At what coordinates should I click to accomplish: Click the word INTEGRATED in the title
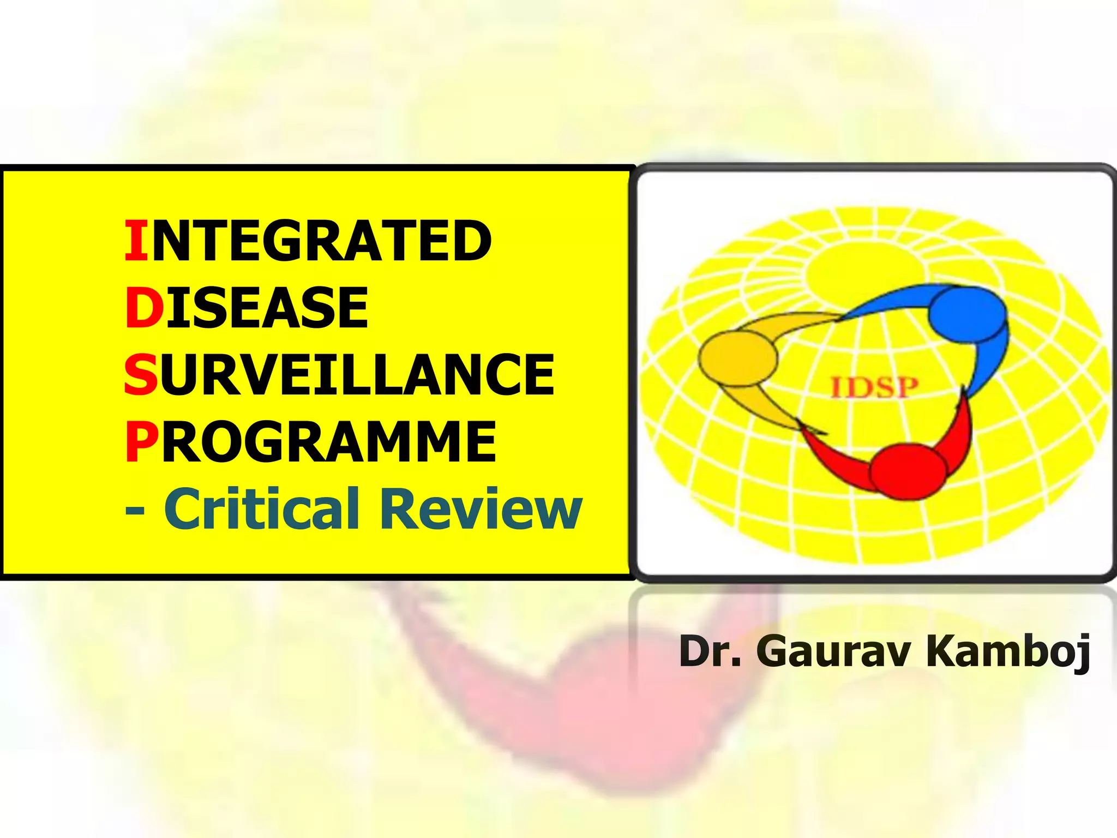[308, 241]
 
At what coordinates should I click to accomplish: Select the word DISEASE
[247, 308]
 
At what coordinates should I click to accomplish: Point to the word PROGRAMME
[310, 441]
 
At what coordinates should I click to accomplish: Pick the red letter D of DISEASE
[144, 308]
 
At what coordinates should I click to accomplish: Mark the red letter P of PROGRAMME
[141, 441]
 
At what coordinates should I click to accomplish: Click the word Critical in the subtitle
[262, 508]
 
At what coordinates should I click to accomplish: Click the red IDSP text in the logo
[874, 388]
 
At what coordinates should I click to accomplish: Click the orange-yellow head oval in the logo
[737, 358]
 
